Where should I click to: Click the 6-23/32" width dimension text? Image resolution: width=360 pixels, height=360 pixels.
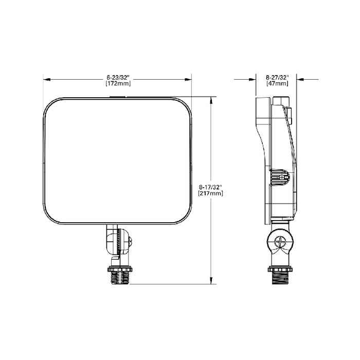pyautogui.click(x=117, y=77)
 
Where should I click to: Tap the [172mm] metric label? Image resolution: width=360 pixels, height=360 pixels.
pyautogui.click(x=117, y=83)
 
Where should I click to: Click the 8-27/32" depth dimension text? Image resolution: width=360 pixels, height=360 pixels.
pyautogui.click(x=277, y=77)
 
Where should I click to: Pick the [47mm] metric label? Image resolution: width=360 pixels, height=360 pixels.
pyautogui.click(x=277, y=83)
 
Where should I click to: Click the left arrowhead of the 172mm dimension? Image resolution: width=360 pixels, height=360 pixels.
pyautogui.click(x=45, y=80)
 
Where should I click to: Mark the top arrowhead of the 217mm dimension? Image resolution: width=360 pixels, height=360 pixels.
pyautogui.click(x=211, y=99)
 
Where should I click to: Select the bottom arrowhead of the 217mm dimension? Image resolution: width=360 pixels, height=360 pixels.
pyautogui.click(x=211, y=280)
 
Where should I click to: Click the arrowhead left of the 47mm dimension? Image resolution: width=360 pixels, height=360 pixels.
pyautogui.click(x=253, y=80)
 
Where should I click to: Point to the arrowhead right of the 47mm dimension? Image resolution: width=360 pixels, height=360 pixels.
pyautogui.click(x=301, y=80)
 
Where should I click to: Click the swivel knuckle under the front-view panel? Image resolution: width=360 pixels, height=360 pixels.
pyautogui.click(x=118, y=240)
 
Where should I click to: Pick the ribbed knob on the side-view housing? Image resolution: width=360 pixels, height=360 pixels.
pyautogui.click(x=280, y=177)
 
